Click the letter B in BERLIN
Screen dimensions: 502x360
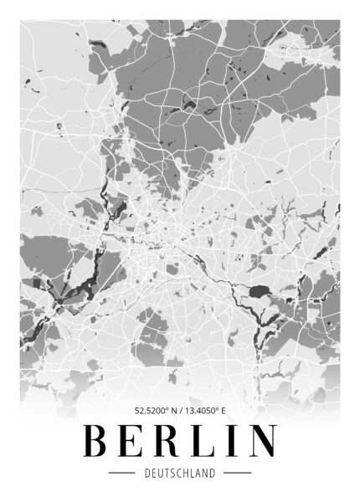tap(96, 440)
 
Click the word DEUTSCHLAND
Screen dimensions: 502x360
tap(179, 474)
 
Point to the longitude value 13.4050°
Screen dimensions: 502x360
tap(203, 411)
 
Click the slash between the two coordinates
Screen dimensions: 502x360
tap(181, 411)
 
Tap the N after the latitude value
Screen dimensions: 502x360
tap(173, 411)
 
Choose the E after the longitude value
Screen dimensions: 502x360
tap(224, 411)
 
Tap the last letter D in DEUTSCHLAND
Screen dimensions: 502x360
tap(213, 474)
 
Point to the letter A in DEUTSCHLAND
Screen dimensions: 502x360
tap(198, 474)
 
